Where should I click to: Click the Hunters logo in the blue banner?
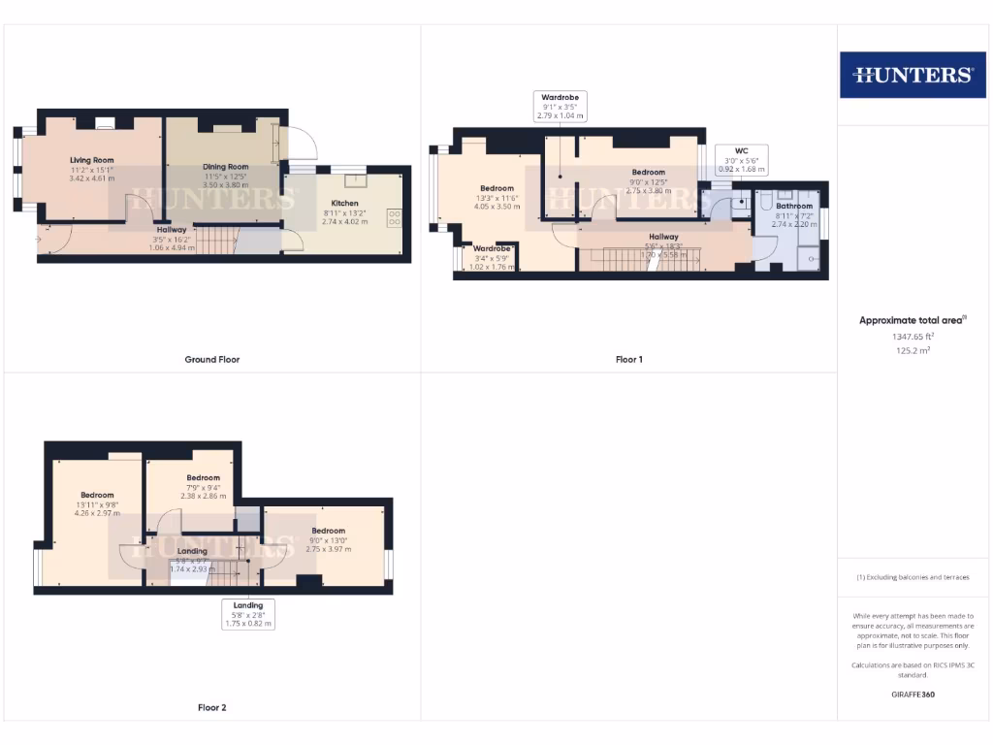click(x=913, y=75)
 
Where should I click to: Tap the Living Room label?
click(x=92, y=160)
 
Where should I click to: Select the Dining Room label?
click(x=226, y=167)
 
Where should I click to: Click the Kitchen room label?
click(x=344, y=204)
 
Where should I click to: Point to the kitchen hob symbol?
click(x=395, y=217)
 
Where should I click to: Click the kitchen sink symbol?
click(x=355, y=180)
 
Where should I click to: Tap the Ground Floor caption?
click(x=211, y=360)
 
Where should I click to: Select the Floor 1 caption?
click(x=628, y=360)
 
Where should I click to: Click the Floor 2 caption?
click(x=211, y=708)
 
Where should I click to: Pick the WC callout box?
click(x=741, y=160)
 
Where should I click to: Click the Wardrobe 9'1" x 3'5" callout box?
click(x=561, y=106)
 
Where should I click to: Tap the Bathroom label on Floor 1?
click(x=793, y=206)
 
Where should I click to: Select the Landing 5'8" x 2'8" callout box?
click(x=248, y=614)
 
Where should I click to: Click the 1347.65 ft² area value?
click(x=912, y=336)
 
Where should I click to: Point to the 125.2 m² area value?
click(x=912, y=350)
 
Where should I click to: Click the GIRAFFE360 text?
click(x=912, y=695)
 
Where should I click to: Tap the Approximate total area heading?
click(x=912, y=320)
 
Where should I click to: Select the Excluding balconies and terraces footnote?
click(x=912, y=577)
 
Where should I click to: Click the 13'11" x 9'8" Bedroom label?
click(x=97, y=495)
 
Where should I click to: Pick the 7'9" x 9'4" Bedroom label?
click(x=204, y=477)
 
